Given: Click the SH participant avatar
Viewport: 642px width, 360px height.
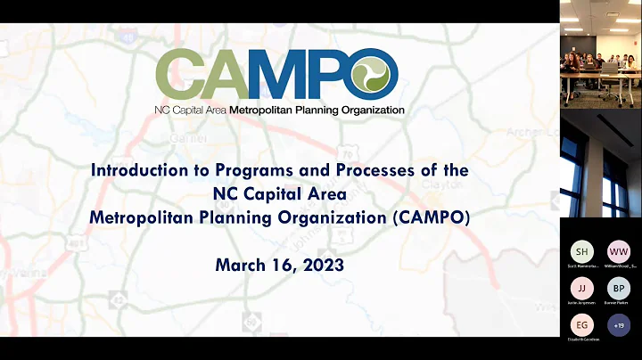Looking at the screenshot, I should click(581, 250).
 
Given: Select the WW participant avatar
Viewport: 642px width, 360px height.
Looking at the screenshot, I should click(618, 250).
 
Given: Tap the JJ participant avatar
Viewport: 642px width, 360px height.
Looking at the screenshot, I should click(581, 288).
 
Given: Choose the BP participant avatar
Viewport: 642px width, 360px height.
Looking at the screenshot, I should click(618, 288).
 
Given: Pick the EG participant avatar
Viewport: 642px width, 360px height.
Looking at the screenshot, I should click(581, 325).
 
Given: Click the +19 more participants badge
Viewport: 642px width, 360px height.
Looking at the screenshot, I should click(618, 325).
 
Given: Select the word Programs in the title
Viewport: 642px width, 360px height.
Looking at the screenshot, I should click(255, 169).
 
